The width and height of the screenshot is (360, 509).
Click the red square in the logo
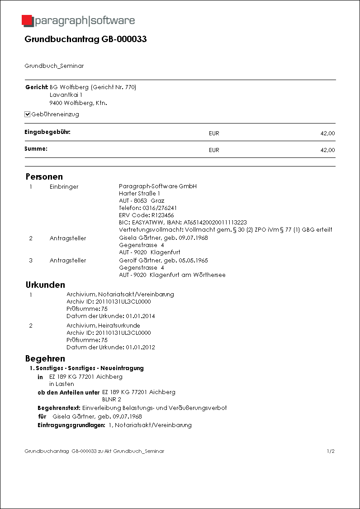[27, 20]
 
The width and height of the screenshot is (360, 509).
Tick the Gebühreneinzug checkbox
[28, 114]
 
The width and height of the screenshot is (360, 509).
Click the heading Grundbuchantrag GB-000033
[85, 39]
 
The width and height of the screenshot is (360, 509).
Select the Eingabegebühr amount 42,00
[327, 133]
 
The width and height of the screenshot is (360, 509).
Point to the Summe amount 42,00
[327, 150]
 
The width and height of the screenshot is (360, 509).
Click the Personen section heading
[44, 176]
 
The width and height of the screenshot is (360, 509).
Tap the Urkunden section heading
[45, 285]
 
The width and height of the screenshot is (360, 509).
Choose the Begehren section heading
[45, 359]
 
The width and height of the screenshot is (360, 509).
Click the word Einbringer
[64, 186]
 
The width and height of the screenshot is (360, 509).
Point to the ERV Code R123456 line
[146, 215]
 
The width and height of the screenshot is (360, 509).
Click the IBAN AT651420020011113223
[214, 223]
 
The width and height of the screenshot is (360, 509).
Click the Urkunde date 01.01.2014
[140, 316]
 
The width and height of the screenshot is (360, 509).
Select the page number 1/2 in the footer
[330, 452]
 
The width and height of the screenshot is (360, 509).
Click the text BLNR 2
[111, 400]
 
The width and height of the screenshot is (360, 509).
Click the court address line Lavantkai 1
[66, 95]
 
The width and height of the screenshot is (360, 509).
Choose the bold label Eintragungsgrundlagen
[71, 425]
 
